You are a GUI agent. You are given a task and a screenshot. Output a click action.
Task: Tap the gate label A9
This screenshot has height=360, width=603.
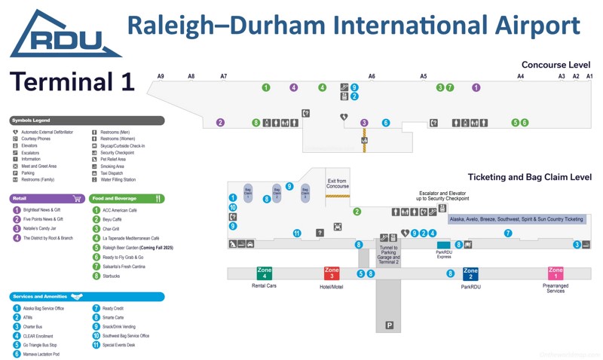161,76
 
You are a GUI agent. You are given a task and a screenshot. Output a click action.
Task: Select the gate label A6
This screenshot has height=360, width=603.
372,76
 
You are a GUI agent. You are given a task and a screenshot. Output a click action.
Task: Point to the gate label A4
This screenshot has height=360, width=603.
520,76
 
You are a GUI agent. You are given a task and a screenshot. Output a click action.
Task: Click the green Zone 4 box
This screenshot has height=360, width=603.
265,273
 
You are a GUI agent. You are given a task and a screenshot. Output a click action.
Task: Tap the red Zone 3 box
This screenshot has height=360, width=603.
332,273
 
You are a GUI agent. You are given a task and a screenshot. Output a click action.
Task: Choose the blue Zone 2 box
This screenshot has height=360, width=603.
470,273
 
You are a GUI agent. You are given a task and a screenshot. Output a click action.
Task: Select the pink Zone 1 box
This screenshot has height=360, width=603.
556,273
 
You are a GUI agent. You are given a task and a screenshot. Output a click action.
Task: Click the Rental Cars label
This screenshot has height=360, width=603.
265,286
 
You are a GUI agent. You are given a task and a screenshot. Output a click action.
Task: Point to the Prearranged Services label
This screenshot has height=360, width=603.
556,288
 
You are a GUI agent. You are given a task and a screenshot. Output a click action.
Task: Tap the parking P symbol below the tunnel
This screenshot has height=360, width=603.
390,325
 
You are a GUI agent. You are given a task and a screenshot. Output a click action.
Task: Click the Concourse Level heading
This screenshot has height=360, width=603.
556,65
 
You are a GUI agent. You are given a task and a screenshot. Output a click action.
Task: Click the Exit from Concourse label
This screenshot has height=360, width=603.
338,184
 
